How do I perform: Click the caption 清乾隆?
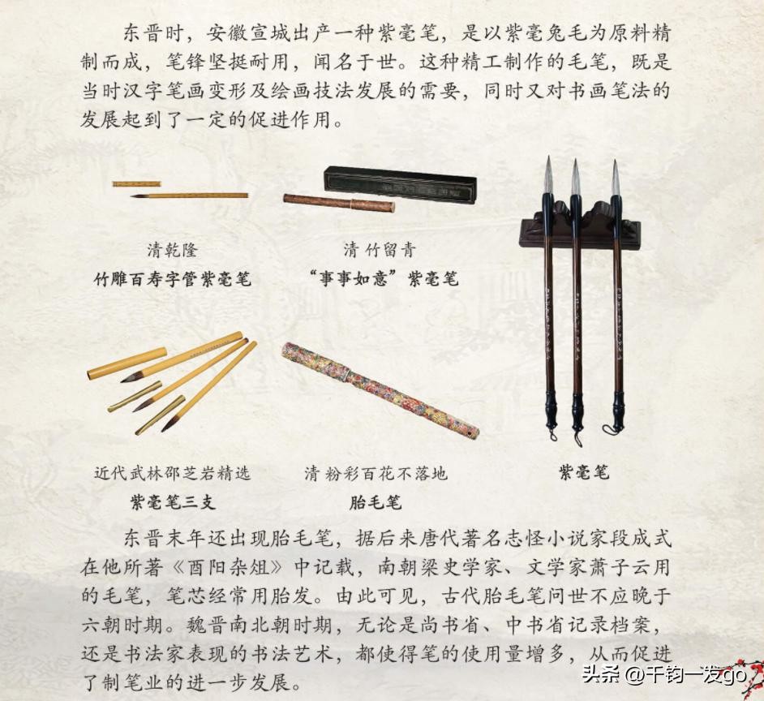[173, 251]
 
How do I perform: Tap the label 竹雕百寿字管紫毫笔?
[173, 279]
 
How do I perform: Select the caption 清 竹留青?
[379, 250]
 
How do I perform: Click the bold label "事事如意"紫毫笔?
[384, 278]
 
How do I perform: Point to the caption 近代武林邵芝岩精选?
[173, 473]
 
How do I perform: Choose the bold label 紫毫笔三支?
[173, 501]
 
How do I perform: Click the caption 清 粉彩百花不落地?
[376, 473]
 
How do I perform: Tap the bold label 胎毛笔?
[376, 502]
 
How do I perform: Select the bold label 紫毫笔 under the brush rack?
[584, 472]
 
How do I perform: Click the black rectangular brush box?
[401, 185]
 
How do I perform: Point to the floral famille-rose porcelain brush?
[380, 389]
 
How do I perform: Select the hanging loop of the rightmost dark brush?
[610, 430]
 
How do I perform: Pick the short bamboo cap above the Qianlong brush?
[136, 184]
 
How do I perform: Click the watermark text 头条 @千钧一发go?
[665, 674]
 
